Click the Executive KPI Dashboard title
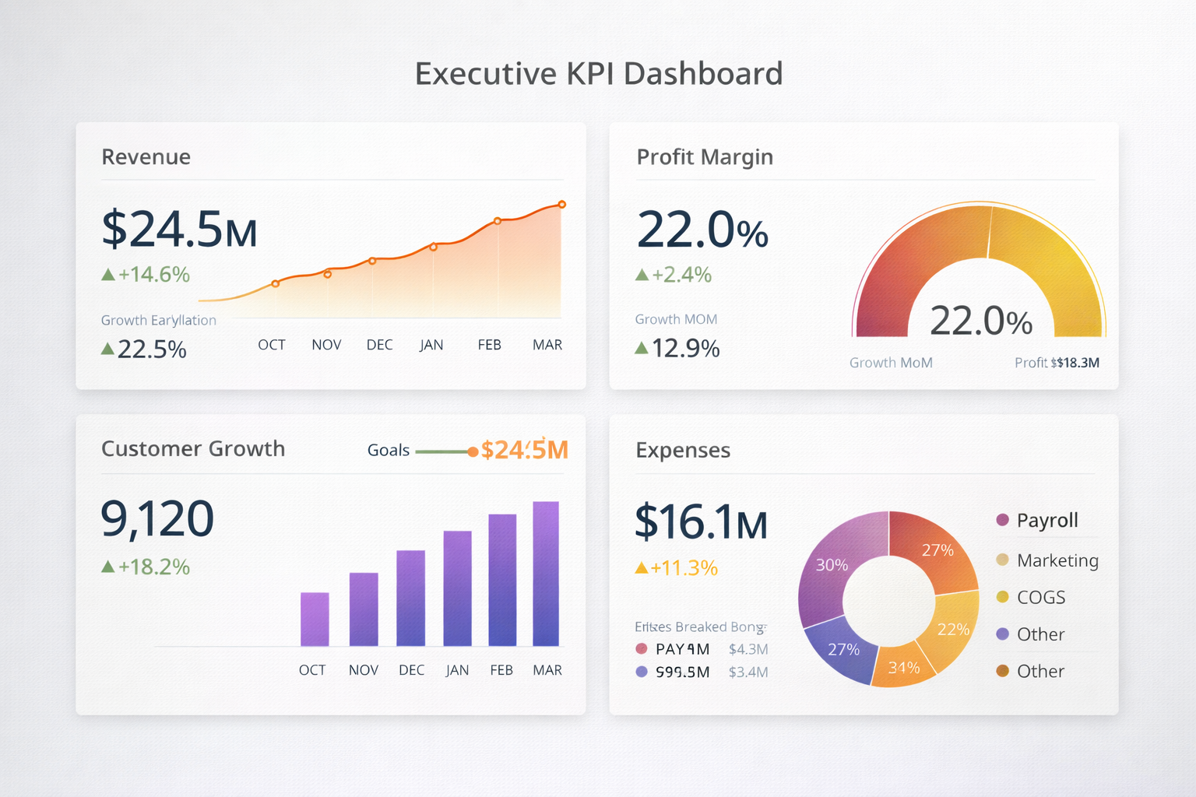[x=598, y=74]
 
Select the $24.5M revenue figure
[x=179, y=230]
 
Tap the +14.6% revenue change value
[x=154, y=275]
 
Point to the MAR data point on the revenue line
[x=561, y=205]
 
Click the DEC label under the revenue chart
[x=379, y=345]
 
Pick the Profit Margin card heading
[x=705, y=157]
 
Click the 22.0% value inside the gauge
[x=980, y=321]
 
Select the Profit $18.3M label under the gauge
[x=1057, y=363]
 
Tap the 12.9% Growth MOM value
[x=685, y=348]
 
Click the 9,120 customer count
[x=157, y=519]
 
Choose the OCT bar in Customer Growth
[x=315, y=619]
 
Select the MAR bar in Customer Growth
[x=546, y=574]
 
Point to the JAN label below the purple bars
[x=457, y=670]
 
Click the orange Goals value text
[x=524, y=450]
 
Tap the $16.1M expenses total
[x=701, y=522]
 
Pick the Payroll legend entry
[x=1046, y=520]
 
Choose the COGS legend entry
[x=1040, y=597]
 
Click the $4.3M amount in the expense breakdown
[x=748, y=649]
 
